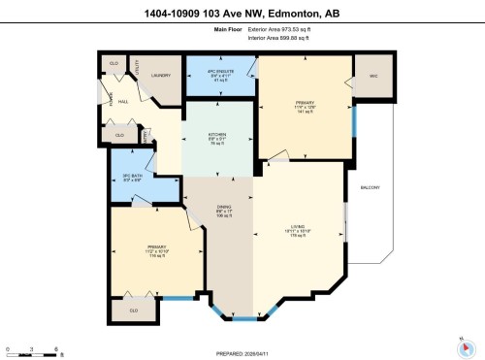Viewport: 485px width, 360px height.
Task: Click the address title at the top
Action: click(x=242, y=12)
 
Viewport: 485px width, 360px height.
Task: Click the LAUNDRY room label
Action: click(x=162, y=75)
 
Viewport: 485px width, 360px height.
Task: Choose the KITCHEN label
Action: click(x=218, y=136)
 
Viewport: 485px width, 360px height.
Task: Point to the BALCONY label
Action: click(x=370, y=187)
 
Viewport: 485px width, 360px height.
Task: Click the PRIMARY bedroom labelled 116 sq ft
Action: click(x=156, y=250)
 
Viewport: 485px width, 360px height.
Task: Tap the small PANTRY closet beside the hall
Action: click(x=145, y=137)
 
